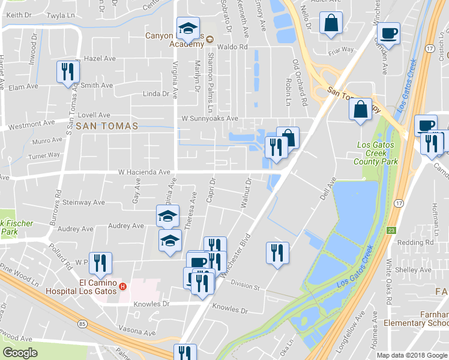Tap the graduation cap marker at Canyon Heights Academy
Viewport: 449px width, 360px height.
(188, 28)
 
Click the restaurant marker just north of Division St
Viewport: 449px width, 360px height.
(277, 252)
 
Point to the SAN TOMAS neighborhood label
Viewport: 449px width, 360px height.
(107, 126)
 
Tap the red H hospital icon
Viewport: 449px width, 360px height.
(123, 286)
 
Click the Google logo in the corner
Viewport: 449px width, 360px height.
(20, 353)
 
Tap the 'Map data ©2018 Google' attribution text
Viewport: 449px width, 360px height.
(411, 355)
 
